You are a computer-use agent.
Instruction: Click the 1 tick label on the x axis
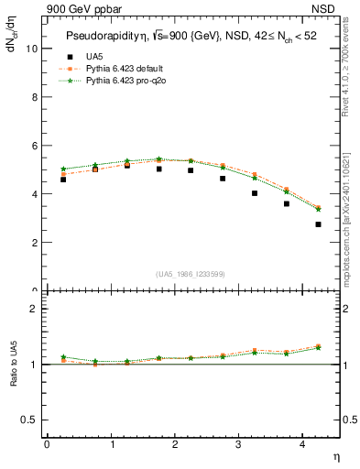[111, 444]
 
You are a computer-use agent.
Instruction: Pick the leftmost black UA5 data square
[62, 180]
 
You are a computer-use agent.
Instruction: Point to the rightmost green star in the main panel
[318, 209]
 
